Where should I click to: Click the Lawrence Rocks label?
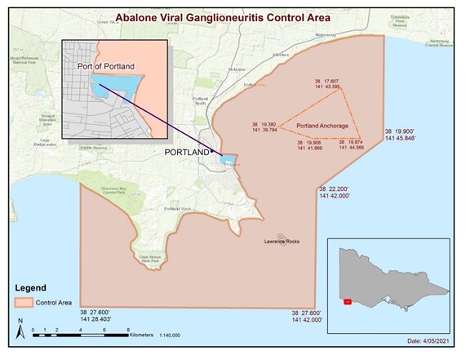(282, 242)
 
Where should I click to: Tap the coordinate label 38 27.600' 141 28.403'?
(100, 316)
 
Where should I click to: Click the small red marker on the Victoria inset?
(347, 302)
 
